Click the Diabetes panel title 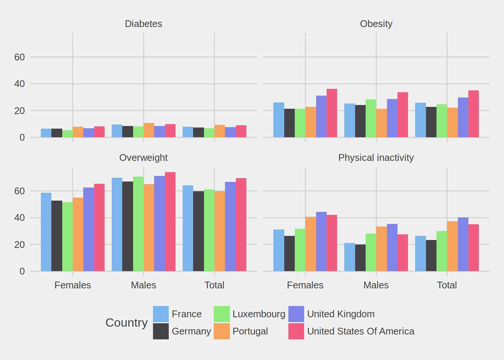(x=143, y=24)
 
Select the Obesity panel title (x=376, y=24)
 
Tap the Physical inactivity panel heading (x=376, y=157)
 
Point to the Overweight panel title (x=143, y=157)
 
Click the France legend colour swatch (x=161, y=314)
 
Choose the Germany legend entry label (x=191, y=331)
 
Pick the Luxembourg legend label (x=259, y=314)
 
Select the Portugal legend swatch (x=222, y=331)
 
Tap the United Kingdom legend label (x=340, y=314)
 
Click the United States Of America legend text (x=360, y=331)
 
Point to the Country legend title (x=126, y=322)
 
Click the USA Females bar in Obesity (x=332, y=113)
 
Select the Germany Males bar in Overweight (x=127, y=226)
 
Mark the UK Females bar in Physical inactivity (x=321, y=241)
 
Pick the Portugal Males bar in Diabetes (x=149, y=130)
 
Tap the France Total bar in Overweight (x=188, y=228)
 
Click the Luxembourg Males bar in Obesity (x=371, y=118)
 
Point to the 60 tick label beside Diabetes (x=19, y=57)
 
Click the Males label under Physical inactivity (x=376, y=285)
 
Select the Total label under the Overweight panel (x=214, y=285)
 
